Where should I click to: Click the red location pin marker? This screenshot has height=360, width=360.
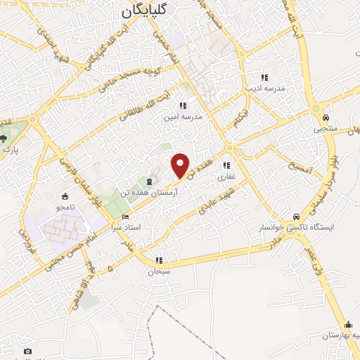click(x=181, y=165)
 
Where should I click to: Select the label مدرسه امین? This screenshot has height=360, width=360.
click(x=184, y=117)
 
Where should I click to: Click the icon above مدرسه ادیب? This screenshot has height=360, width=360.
click(x=264, y=77)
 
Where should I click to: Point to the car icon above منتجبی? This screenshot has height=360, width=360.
click(x=326, y=117)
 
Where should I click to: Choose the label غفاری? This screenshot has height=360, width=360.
click(x=226, y=177)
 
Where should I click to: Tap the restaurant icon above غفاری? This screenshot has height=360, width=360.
click(x=226, y=166)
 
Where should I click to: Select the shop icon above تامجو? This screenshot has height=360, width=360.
click(x=65, y=196)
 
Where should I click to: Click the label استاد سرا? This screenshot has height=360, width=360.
click(x=127, y=228)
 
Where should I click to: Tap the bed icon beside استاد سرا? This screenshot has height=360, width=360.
click(x=126, y=217)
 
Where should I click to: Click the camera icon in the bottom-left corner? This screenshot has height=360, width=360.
click(x=27, y=351)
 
